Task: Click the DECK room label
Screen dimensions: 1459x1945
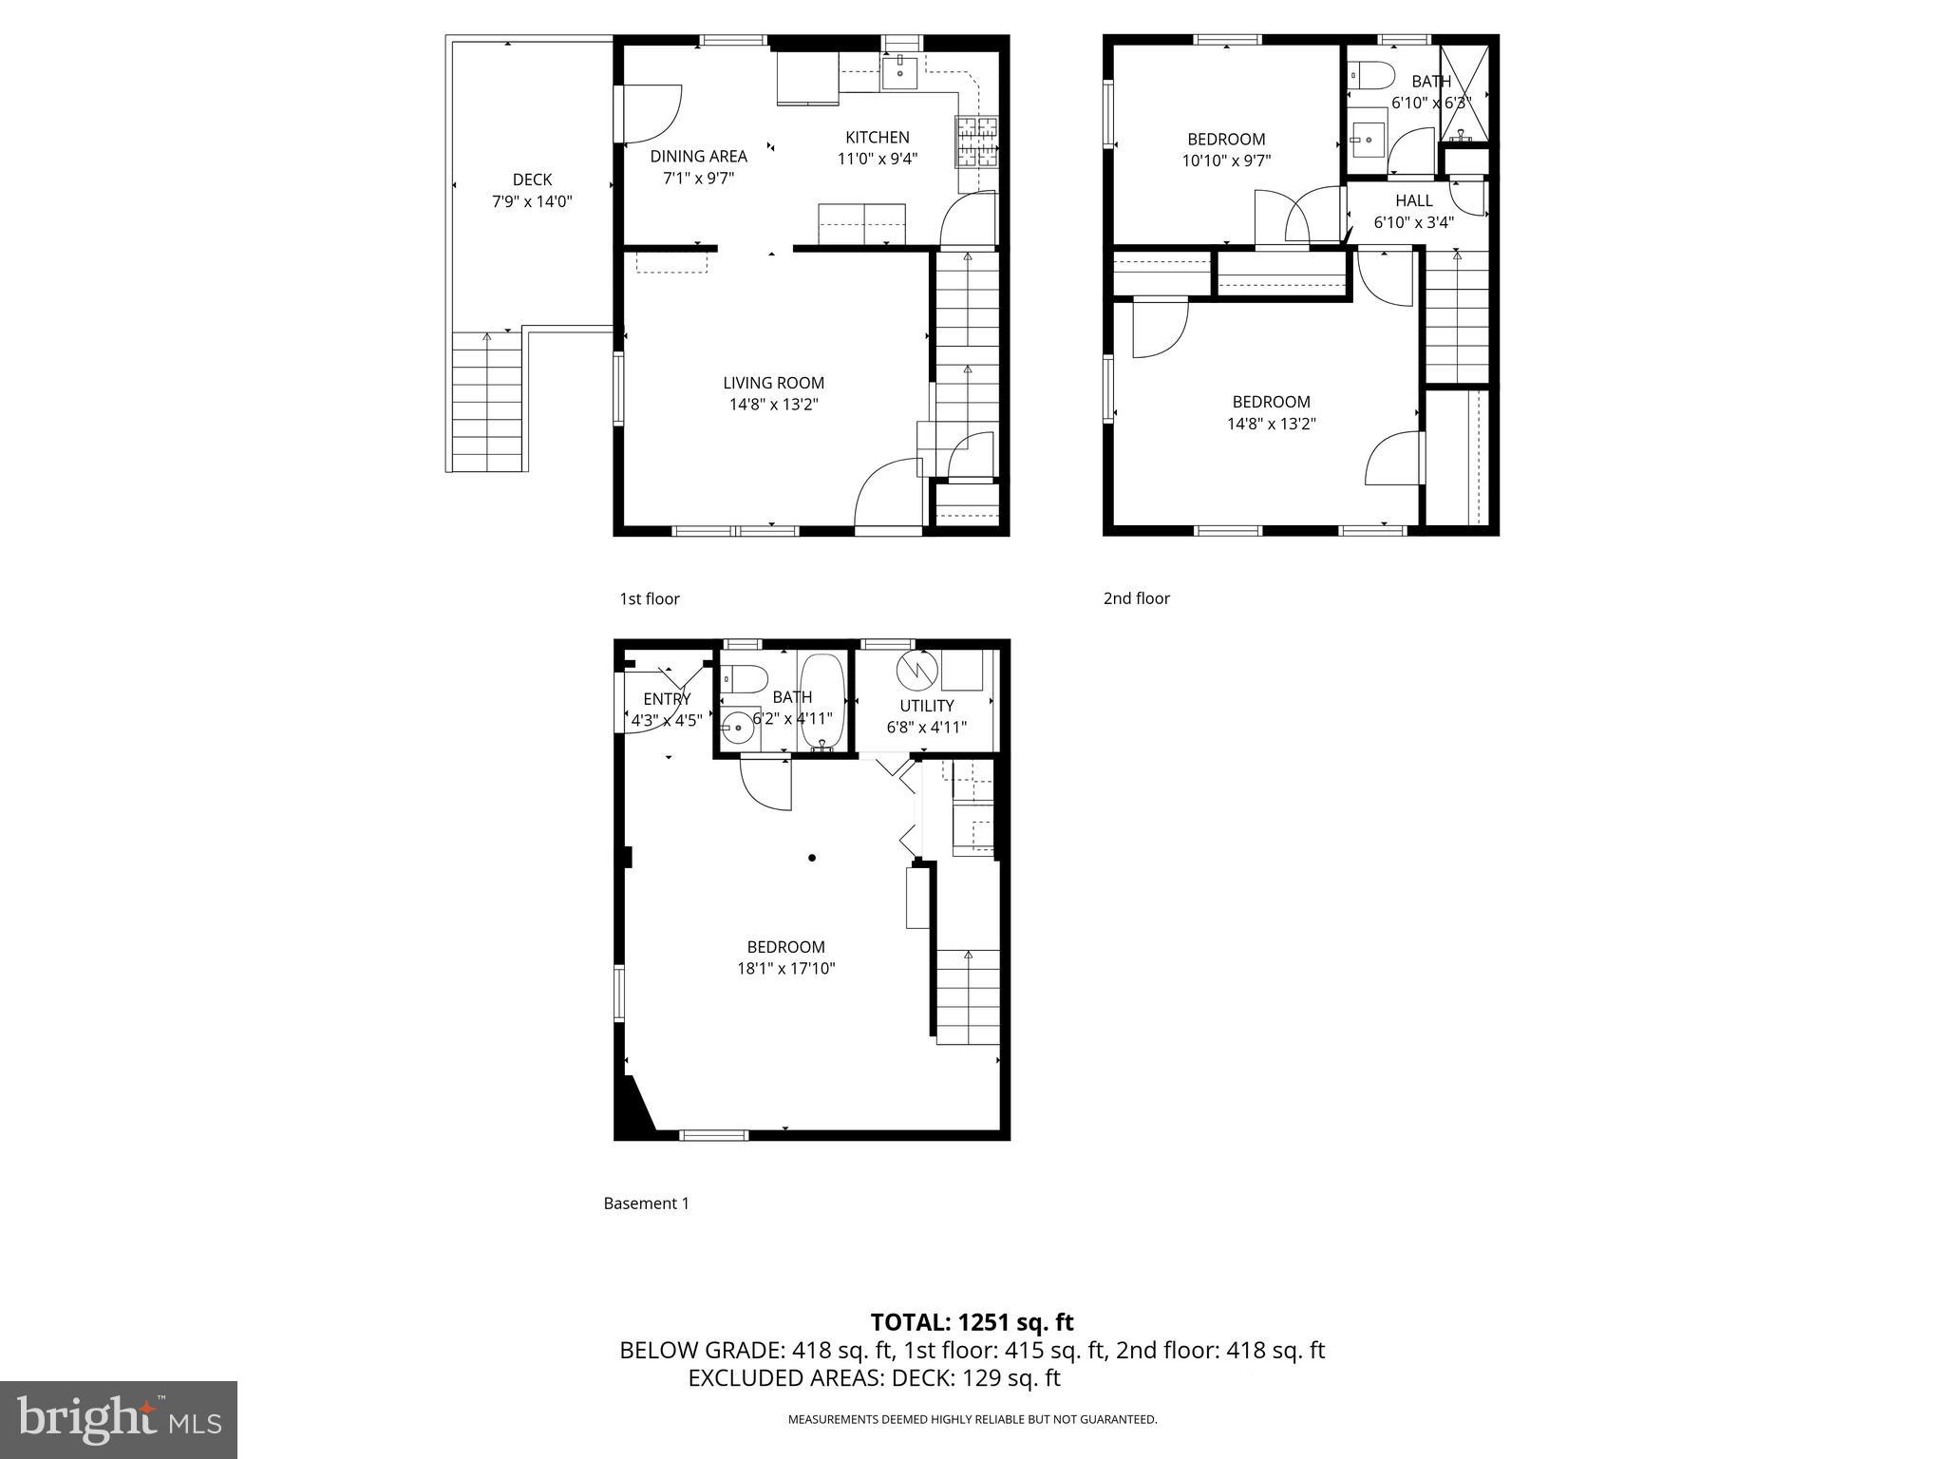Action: pos(532,180)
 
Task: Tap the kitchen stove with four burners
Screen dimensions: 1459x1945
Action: pos(977,142)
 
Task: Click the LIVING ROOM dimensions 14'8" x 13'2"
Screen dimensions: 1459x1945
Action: pos(773,405)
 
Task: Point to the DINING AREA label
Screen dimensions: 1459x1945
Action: pos(698,156)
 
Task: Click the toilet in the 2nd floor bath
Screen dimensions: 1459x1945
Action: pos(1369,74)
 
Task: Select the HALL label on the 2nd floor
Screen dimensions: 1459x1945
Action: pos(1413,200)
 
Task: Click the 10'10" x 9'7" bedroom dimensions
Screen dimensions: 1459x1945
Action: pos(1226,161)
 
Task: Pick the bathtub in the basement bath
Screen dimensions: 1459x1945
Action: pos(821,702)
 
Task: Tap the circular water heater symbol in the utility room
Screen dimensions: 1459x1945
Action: pos(917,670)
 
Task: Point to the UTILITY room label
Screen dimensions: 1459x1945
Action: pos(926,706)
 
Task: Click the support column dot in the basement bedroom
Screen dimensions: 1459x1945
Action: pos(812,858)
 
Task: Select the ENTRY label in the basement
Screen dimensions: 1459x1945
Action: pos(667,699)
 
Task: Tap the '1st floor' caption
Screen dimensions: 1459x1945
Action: pos(650,598)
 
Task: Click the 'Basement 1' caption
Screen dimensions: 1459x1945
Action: pos(646,1203)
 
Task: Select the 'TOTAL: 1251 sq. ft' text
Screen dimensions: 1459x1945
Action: pos(972,1322)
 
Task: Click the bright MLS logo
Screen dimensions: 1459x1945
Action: pos(119,1420)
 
